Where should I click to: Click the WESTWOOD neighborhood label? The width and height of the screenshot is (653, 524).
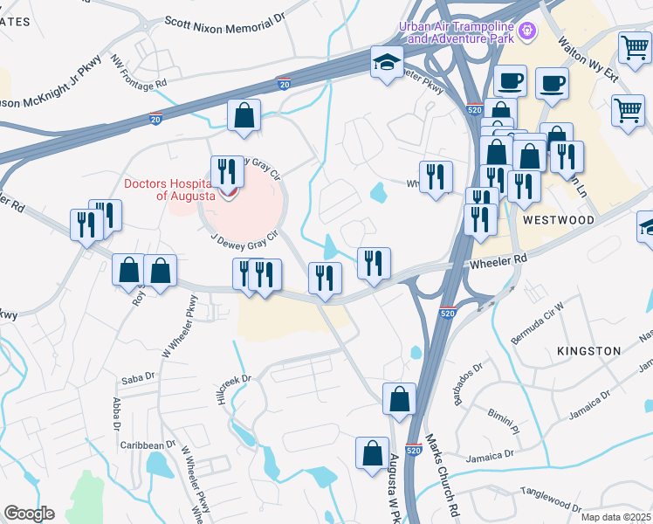point(559,221)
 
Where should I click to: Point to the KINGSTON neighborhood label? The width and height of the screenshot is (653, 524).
point(588,351)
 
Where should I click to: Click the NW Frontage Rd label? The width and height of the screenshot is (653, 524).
point(138,72)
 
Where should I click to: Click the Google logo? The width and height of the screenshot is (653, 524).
point(29,514)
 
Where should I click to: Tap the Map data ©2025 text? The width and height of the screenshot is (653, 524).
point(615,517)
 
